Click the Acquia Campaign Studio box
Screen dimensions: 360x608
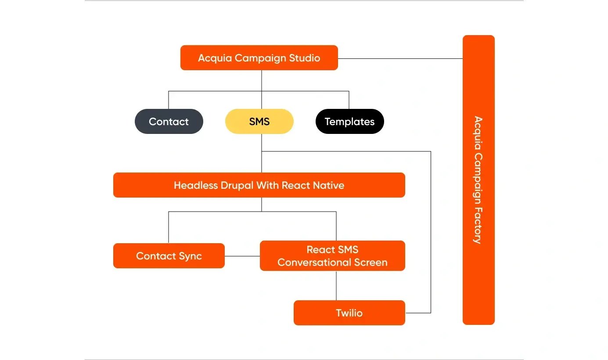[259, 58]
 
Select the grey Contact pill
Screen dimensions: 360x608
[169, 122]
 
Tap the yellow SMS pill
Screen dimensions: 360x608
[259, 122]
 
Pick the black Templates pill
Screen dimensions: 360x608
[349, 122]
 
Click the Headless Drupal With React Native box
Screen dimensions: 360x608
[259, 185]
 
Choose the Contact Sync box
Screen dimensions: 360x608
[169, 256]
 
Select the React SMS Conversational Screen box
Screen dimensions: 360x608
[332, 256]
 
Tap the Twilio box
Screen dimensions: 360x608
[349, 313]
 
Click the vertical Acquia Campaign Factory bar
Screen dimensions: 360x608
[478, 180]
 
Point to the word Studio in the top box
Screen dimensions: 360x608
[304, 58]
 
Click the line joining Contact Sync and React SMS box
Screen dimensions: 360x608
[242, 256]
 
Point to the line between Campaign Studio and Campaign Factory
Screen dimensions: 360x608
[399, 58]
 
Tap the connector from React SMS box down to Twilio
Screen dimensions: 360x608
[336, 285]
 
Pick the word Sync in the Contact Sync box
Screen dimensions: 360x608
[190, 256]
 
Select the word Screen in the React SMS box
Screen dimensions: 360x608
[372, 263]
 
